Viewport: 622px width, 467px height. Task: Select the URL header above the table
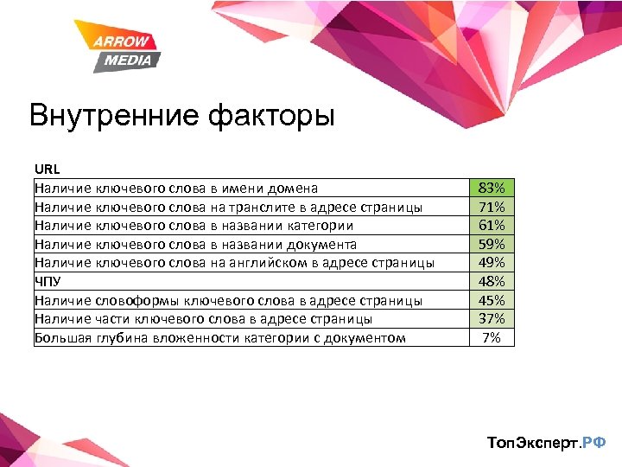[x=47, y=169]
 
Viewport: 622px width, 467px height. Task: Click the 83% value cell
[x=491, y=188]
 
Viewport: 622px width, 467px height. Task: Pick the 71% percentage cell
[x=491, y=207]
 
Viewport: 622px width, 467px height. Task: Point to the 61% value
[x=491, y=225]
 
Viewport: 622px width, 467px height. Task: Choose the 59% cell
[x=491, y=244]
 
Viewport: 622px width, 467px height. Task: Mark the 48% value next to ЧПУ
[x=491, y=281]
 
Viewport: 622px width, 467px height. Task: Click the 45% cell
[x=491, y=300]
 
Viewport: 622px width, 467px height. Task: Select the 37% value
[x=491, y=318]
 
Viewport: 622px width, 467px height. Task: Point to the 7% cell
[x=491, y=337]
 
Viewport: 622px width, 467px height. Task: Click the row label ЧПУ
[x=48, y=281]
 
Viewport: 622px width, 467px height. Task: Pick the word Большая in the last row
[x=62, y=337]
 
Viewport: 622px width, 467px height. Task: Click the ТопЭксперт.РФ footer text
[x=546, y=443]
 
